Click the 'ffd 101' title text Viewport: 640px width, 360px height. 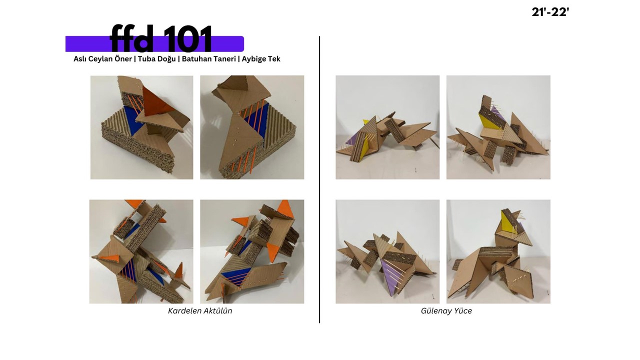[x=161, y=38]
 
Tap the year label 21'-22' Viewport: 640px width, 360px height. [x=550, y=12]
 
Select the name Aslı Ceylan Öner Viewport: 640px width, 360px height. [x=102, y=59]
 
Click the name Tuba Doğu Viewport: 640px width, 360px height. [x=157, y=59]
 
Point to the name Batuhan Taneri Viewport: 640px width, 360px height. [x=209, y=59]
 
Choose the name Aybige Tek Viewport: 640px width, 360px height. [x=261, y=59]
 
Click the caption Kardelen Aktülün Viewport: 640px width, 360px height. [x=200, y=311]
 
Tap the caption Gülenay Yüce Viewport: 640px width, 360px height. [x=446, y=311]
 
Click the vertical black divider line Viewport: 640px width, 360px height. [x=319, y=179]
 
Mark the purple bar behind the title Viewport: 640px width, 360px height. [x=154, y=43]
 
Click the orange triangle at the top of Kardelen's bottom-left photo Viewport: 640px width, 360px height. [x=134, y=203]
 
